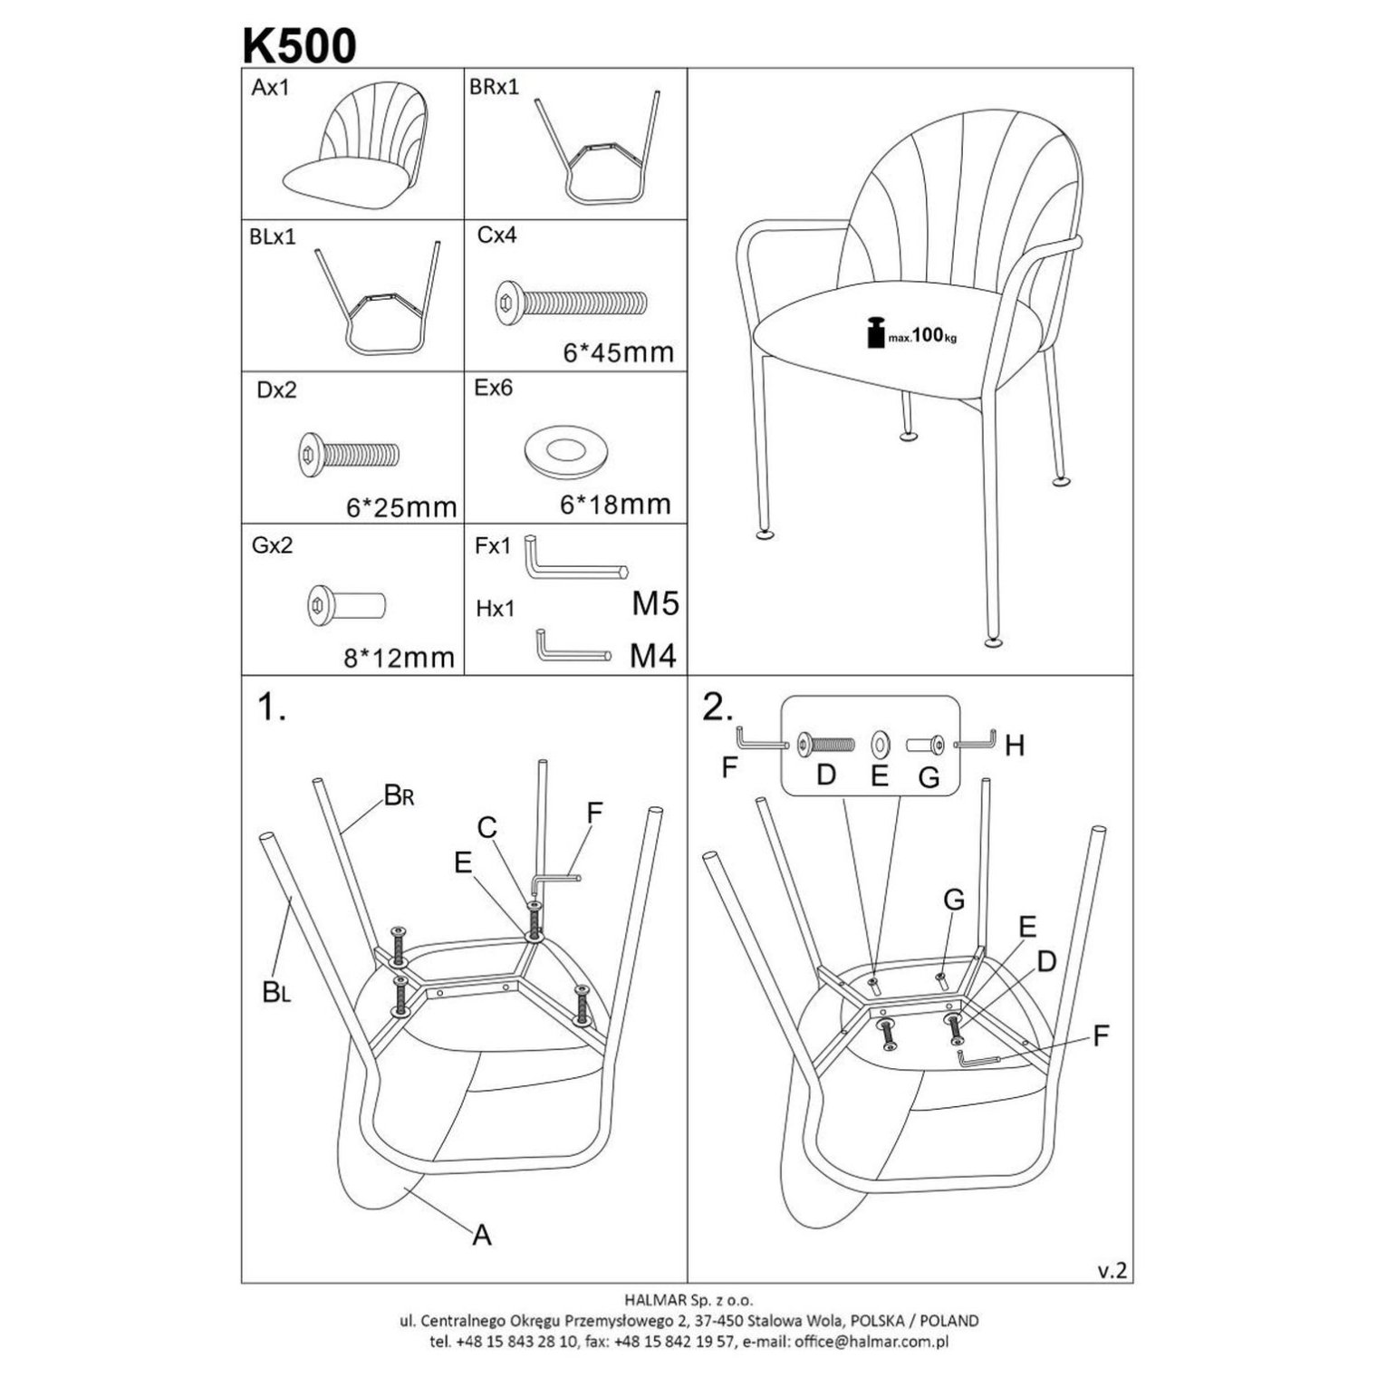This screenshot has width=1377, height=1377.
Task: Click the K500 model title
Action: [x=299, y=45]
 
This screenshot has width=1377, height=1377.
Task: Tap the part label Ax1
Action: [x=270, y=89]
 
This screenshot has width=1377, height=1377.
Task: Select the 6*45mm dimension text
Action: [x=619, y=352]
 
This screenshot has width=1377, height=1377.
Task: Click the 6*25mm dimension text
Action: [x=401, y=507]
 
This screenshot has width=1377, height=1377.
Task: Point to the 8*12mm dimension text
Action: [x=399, y=658]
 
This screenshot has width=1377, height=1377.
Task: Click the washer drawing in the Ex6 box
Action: [x=564, y=449]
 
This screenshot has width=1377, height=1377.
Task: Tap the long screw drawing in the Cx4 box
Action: [x=572, y=301]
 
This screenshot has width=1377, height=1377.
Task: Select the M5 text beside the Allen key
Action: [x=655, y=603]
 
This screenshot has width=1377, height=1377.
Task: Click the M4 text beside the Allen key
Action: [x=653, y=656]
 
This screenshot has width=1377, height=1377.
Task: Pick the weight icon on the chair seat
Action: [x=875, y=332]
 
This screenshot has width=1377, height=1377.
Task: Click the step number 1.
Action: [x=272, y=708]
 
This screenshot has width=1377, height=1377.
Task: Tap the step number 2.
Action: [x=717, y=708]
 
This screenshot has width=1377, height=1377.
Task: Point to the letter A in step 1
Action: [x=482, y=1234]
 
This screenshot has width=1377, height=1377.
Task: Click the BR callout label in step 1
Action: [x=400, y=795]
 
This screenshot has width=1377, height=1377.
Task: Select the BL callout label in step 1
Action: [x=276, y=993]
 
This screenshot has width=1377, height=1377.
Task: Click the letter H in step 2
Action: [x=1015, y=746]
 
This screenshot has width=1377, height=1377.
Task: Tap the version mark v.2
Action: [x=1112, y=1270]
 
